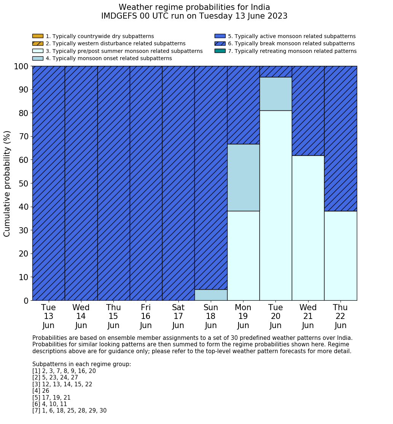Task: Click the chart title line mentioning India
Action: click(x=194, y=7)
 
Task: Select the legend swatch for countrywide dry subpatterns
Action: click(x=38, y=36)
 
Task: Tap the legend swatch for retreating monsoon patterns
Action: click(x=220, y=51)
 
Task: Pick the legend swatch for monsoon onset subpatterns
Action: click(x=38, y=58)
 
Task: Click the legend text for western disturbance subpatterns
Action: click(x=115, y=44)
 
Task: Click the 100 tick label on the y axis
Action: click(x=21, y=66)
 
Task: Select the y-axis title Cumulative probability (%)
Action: click(x=7, y=183)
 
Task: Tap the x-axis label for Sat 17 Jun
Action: click(x=178, y=316)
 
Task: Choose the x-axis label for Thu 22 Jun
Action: click(x=340, y=316)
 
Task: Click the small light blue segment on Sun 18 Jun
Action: click(x=211, y=295)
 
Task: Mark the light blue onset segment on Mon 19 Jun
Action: click(x=243, y=177)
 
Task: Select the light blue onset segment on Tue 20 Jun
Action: click(x=275, y=94)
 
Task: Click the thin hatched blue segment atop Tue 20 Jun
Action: click(x=275, y=72)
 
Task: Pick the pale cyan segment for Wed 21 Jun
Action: click(x=308, y=228)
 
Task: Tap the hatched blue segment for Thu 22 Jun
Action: click(x=340, y=139)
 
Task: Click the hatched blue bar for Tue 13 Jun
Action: click(x=49, y=183)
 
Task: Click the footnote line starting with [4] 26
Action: click(x=41, y=391)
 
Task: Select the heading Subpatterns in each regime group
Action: click(x=81, y=364)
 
